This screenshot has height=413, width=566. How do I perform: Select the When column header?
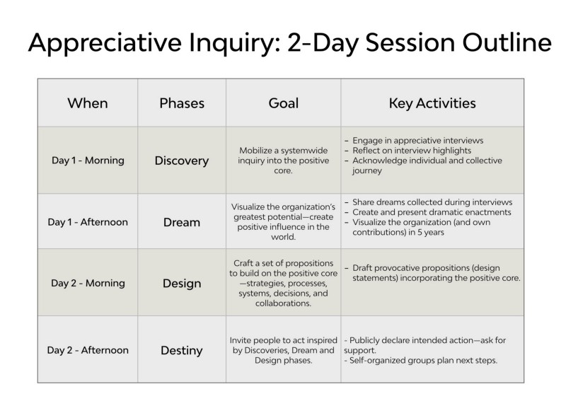(88, 103)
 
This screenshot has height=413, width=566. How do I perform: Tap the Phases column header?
(182, 103)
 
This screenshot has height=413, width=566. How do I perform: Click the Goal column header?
(283, 103)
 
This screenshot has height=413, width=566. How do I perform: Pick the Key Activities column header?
(432, 103)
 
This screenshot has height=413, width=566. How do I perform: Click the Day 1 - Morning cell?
(88, 161)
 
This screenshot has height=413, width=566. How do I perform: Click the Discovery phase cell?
(182, 161)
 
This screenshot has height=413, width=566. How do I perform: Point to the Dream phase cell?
(182, 222)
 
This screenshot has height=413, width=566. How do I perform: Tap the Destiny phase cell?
(182, 349)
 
